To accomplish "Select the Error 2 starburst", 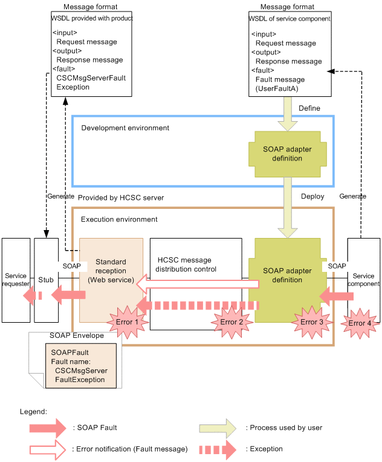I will coord(232,322).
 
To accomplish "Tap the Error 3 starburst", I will coord(312,322).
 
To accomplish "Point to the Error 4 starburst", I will coord(361,323).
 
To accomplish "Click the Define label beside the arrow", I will coord(309,108).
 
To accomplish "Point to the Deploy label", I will coord(312,196).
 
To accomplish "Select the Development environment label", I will coord(125,128).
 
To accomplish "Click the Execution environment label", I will coord(119,219).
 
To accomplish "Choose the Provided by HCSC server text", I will coord(121,198).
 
